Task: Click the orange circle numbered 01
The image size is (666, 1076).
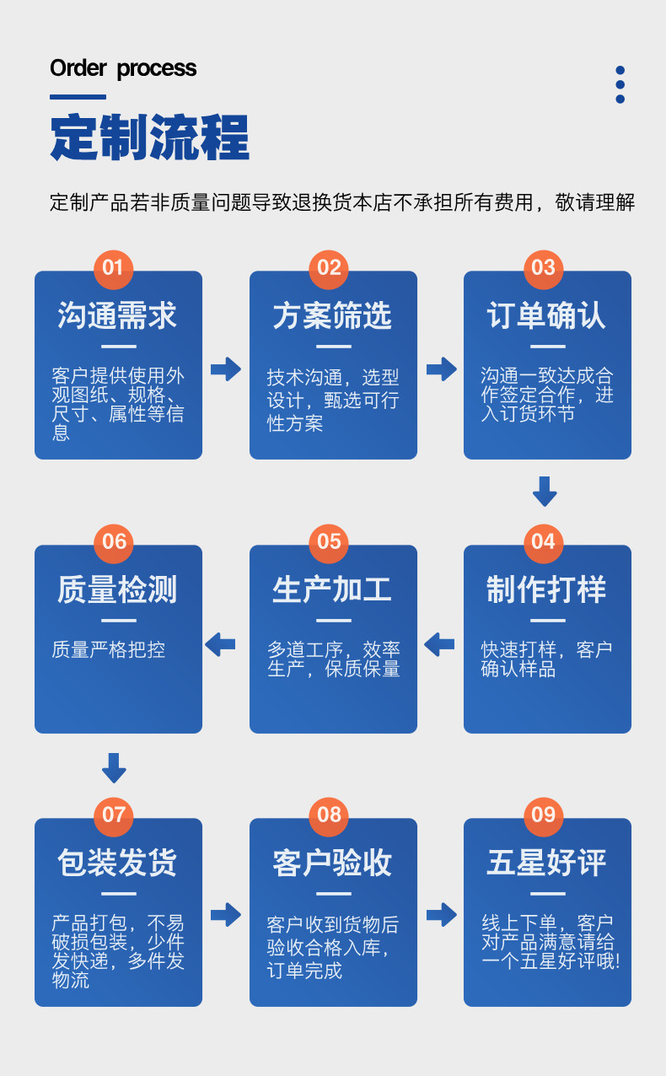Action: (113, 268)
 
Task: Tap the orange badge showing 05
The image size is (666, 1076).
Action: (329, 541)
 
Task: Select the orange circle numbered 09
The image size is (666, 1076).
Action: (544, 815)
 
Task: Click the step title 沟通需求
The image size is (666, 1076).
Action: (118, 315)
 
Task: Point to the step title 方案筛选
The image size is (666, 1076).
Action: (332, 315)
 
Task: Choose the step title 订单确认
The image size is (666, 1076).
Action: (546, 315)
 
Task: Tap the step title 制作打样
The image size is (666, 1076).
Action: (546, 589)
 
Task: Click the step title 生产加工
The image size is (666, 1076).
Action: (332, 589)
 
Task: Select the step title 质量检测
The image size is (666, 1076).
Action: (118, 589)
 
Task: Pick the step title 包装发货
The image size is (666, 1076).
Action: (118, 863)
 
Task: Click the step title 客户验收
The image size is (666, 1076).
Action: (332, 863)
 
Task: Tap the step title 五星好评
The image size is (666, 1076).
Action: (546, 863)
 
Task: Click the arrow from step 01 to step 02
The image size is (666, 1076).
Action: (226, 369)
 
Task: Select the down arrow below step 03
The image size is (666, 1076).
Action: (545, 491)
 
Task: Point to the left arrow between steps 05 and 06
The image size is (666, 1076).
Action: (220, 645)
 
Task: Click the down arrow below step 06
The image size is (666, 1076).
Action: (114, 767)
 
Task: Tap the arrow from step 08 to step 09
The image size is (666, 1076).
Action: (441, 914)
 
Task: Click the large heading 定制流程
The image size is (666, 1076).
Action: (149, 137)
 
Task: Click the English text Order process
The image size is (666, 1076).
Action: (123, 68)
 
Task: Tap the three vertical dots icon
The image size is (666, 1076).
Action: (620, 84)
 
